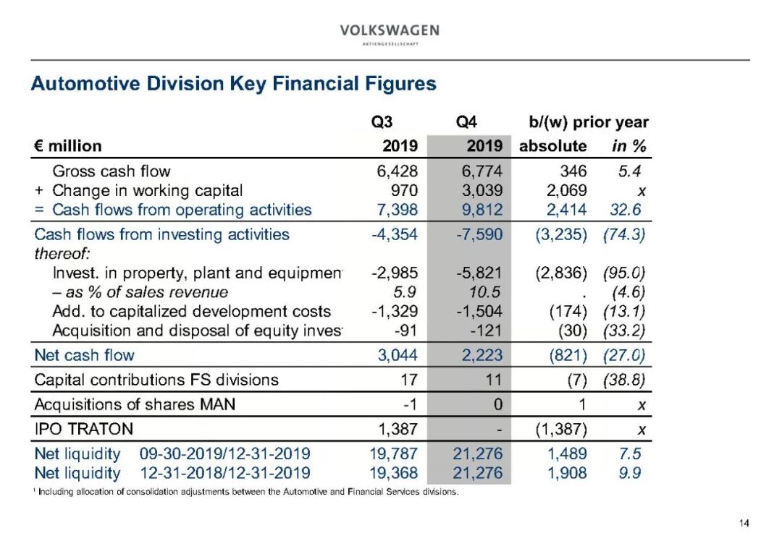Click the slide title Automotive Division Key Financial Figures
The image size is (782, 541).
point(233,84)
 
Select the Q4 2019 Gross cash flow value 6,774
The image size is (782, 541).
point(482,171)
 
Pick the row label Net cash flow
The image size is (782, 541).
point(85,355)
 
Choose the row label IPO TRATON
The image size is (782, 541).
point(84,429)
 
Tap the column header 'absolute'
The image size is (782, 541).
point(552,145)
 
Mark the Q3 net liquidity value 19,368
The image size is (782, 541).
point(393,473)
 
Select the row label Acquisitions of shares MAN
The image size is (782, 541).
point(135,404)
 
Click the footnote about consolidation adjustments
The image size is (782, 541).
point(246,493)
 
